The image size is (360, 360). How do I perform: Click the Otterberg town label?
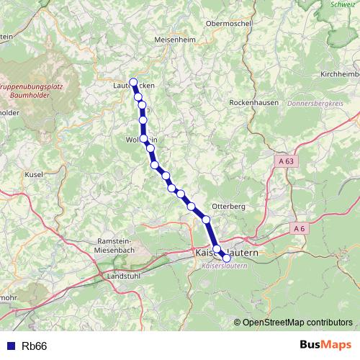coord(229,206)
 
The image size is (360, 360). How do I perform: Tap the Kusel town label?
coord(33,175)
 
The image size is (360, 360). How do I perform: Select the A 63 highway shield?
coord(286,162)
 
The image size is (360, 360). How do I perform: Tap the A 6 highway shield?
coord(300,228)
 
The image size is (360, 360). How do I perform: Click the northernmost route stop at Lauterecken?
coord(132,82)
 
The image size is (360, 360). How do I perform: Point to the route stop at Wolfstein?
coord(144,138)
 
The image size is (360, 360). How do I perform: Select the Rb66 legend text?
coord(34,346)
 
